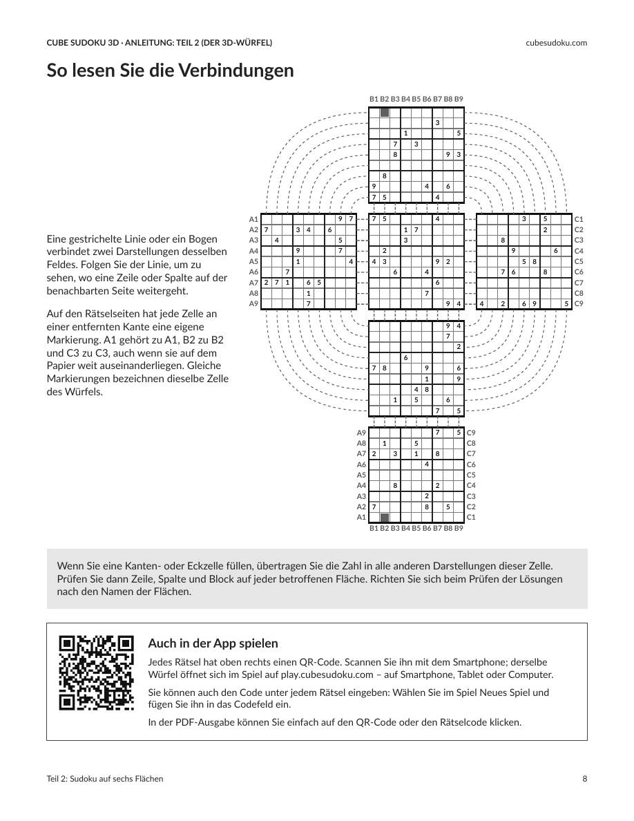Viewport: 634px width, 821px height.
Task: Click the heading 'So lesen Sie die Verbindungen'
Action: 170,70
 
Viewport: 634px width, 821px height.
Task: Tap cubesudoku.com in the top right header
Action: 556,43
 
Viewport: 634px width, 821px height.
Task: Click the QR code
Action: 96,673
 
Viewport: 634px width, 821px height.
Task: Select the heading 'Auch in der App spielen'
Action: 213,643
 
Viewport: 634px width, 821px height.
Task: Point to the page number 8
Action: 585,779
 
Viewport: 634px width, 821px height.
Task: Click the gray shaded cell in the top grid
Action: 385,113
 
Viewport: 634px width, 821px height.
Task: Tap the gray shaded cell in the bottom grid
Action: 385,518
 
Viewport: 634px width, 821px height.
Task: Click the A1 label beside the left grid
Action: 253,219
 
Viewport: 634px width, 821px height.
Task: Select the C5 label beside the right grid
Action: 579,261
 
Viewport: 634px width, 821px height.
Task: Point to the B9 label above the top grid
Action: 459,98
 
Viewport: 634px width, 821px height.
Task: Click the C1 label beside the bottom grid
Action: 471,518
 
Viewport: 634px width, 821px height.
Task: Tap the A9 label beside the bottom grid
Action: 361,433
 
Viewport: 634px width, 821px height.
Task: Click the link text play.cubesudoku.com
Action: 327,674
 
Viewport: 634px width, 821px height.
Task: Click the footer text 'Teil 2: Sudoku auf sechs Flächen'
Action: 104,779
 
